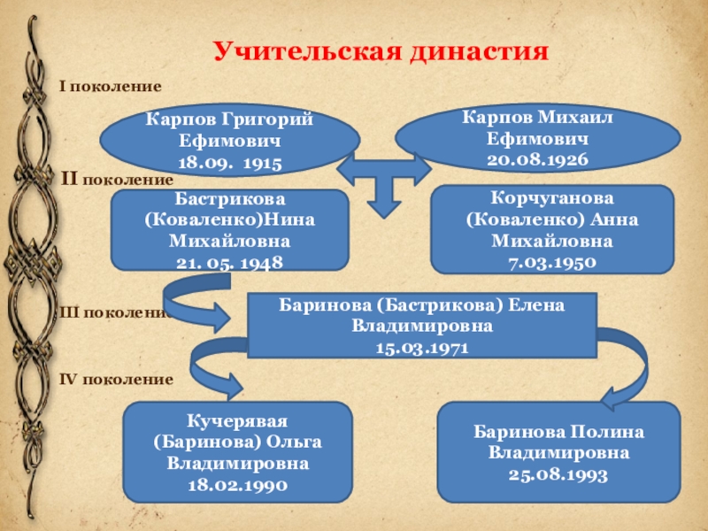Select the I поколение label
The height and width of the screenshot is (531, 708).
coord(110,87)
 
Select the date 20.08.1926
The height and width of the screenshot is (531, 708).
coord(537,158)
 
